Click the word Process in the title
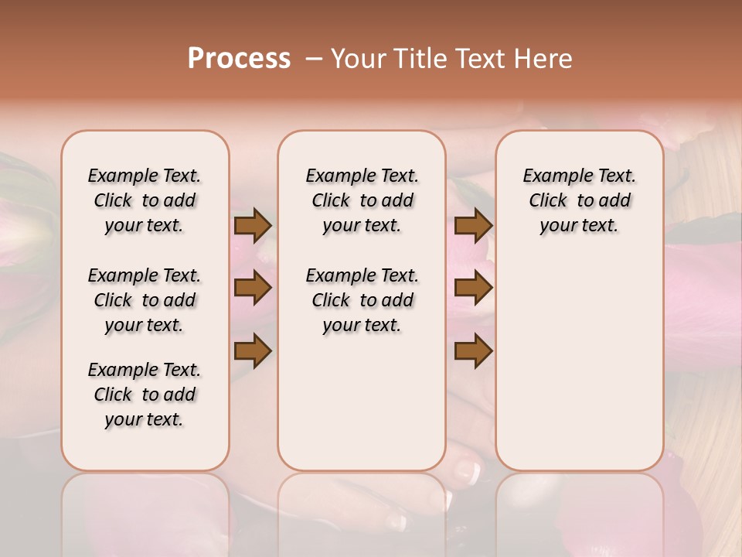[x=239, y=59]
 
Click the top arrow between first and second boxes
[x=253, y=226]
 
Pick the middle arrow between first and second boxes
[x=253, y=289]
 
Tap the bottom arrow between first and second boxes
[x=253, y=351]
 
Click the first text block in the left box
[x=145, y=200]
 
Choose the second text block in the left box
[x=145, y=300]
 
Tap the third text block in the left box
[x=145, y=395]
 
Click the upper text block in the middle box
[x=362, y=200]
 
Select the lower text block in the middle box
[x=362, y=300]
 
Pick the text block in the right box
[x=580, y=200]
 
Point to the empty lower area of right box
[x=580, y=356]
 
